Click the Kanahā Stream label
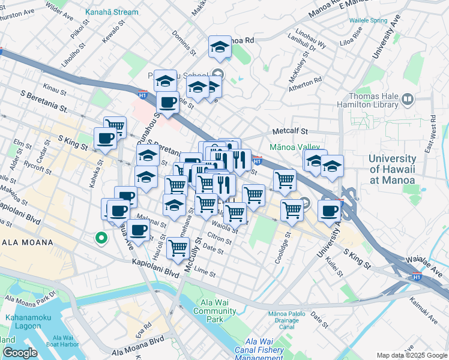tap(112, 11)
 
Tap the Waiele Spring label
tap(369, 20)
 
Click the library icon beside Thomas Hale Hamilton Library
tap(408, 98)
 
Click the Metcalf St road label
tap(290, 130)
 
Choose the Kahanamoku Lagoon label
tap(28, 321)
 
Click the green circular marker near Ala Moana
tap(101, 238)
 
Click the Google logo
tap(20, 353)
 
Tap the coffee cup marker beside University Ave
tap(330, 210)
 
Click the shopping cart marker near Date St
tap(178, 246)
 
